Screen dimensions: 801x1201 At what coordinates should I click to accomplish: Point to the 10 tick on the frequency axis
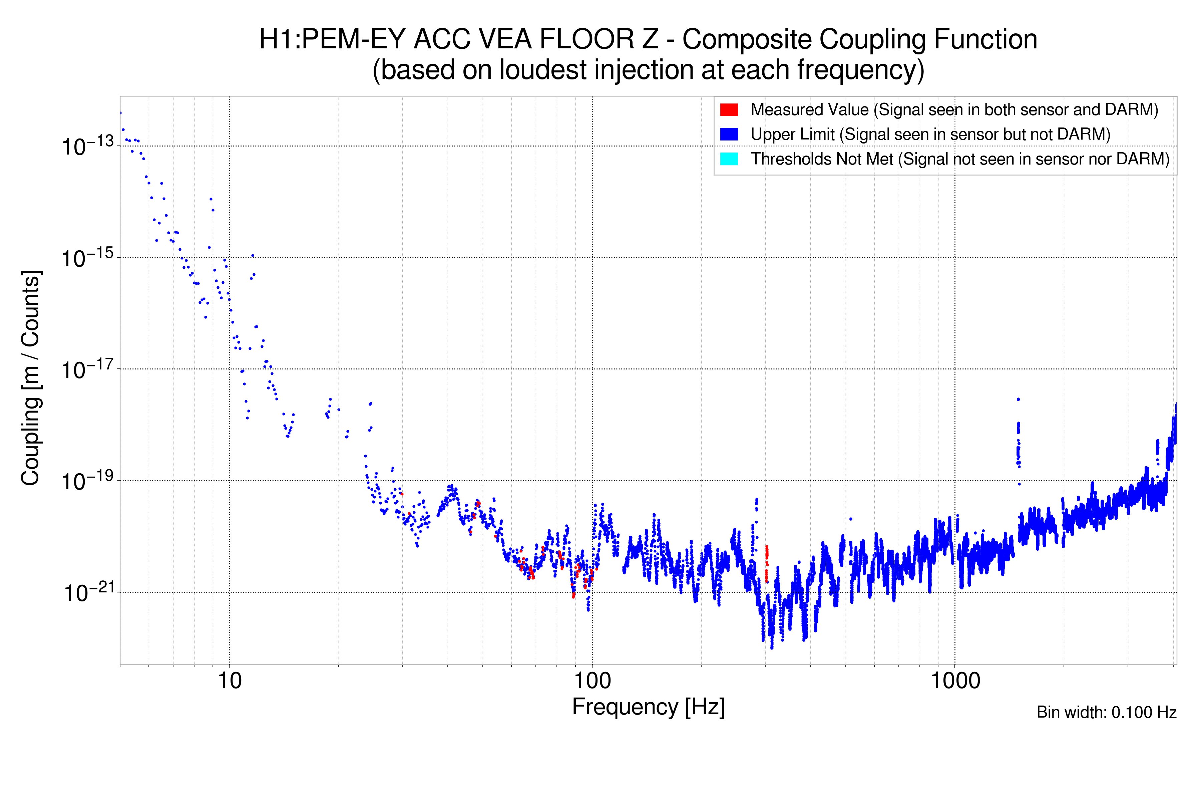[x=229, y=681]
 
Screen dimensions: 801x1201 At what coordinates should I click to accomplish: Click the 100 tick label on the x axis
[x=592, y=681]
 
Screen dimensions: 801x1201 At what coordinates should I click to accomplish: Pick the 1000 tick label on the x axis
[x=955, y=681]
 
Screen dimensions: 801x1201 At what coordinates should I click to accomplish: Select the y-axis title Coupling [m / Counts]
[x=31, y=378]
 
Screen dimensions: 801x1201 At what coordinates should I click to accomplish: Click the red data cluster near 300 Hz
[x=766, y=562]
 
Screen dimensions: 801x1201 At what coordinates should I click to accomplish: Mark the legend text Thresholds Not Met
[x=822, y=159]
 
